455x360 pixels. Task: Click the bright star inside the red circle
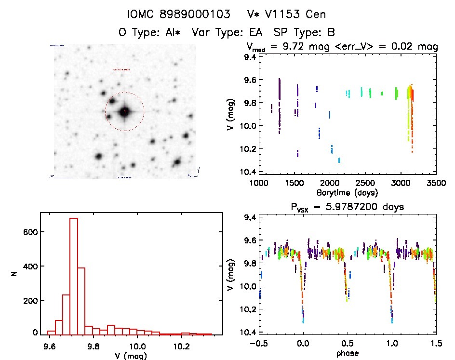(x=125, y=112)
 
